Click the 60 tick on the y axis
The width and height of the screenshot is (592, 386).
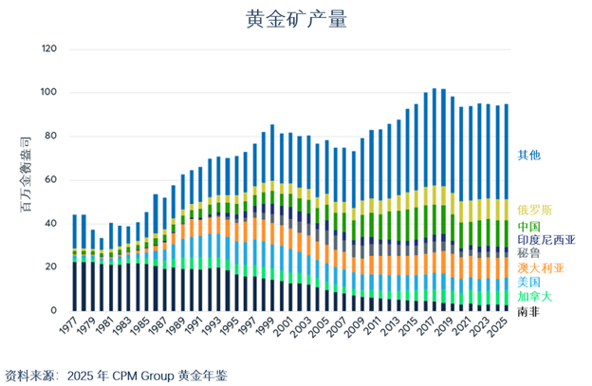(52, 179)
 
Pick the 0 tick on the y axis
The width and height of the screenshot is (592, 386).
(55, 311)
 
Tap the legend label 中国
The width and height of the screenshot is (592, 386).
(529, 228)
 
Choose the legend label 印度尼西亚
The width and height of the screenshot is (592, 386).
(546, 242)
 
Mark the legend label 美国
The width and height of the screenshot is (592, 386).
(529, 283)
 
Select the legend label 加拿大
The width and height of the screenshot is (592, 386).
(535, 297)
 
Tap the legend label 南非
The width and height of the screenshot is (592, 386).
(529, 311)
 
